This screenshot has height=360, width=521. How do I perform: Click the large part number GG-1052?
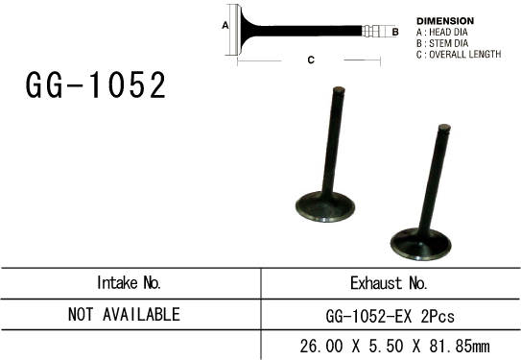click(x=96, y=86)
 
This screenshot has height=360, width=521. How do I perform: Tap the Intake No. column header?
click(x=130, y=283)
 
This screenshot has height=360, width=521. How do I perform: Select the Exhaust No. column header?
click(x=390, y=283)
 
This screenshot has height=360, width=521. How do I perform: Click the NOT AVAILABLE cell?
click(x=125, y=314)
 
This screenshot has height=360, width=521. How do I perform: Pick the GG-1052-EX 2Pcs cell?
click(x=390, y=314)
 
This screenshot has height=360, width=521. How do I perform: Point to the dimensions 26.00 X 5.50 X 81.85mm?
click(x=390, y=344)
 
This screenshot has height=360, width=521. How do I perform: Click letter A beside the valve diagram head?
click(x=225, y=26)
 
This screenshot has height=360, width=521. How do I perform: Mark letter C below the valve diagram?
click(x=311, y=60)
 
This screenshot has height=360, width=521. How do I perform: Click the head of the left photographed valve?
click(x=324, y=206)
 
